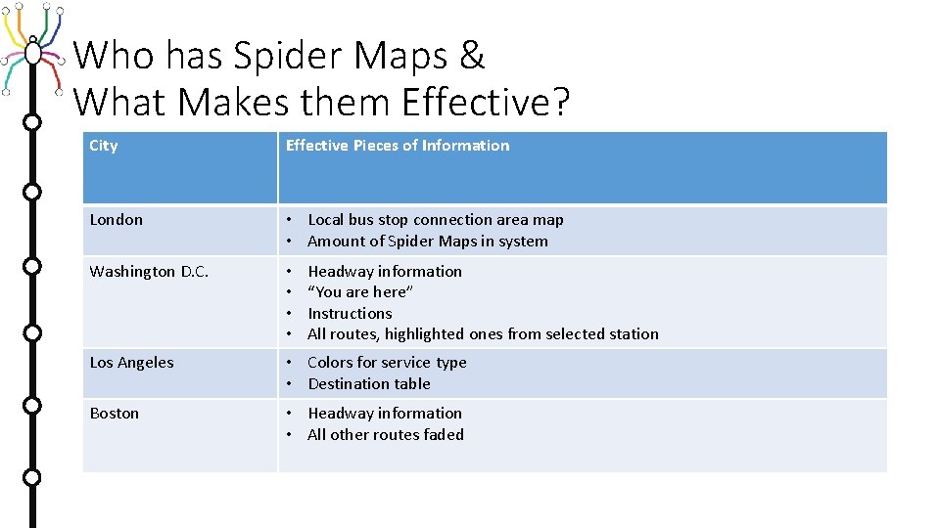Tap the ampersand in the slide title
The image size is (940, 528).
point(471,57)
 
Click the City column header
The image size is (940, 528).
point(104,146)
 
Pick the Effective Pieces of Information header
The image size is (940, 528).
point(398,146)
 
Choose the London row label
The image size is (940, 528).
point(116,220)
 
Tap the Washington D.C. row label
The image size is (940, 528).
point(149,272)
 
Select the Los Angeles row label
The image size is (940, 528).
point(131,363)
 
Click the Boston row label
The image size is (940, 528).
point(114,414)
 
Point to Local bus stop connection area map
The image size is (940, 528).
point(436,220)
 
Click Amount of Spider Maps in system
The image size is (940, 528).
point(428,242)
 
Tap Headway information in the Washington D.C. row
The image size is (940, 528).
point(385,272)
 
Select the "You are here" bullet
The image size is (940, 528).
point(360,292)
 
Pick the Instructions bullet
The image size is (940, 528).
point(350,314)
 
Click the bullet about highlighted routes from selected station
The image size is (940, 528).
point(483,334)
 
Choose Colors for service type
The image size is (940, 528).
point(387,363)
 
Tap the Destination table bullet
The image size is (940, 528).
point(369,384)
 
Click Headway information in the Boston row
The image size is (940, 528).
point(385,414)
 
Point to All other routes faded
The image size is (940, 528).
point(386,435)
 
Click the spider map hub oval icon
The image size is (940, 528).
point(33,51)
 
